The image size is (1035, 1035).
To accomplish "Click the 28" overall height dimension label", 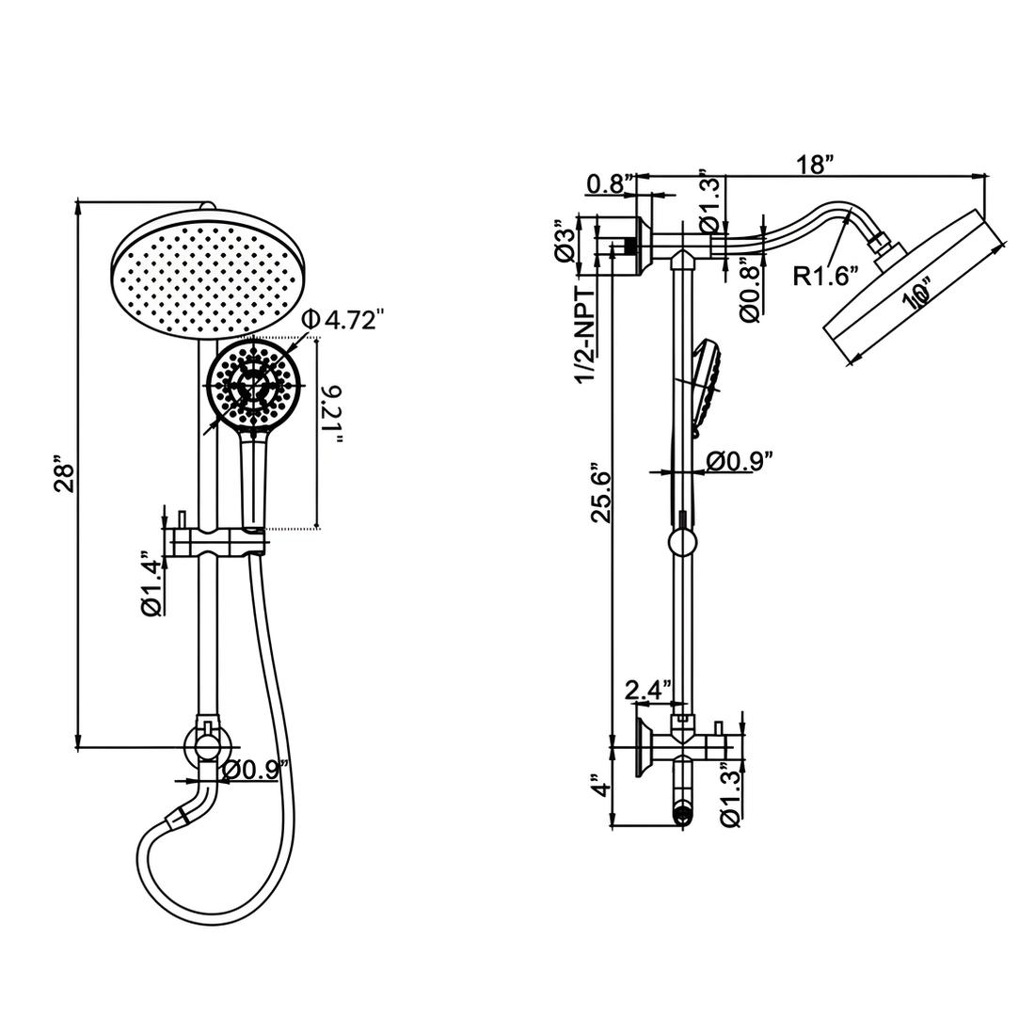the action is [x=65, y=474].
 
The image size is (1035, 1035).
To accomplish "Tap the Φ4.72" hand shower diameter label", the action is [x=342, y=320].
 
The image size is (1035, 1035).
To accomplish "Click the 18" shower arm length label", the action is [x=815, y=164].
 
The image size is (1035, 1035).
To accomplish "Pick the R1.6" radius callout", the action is [x=826, y=276].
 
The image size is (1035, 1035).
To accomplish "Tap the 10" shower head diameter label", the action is [x=916, y=295].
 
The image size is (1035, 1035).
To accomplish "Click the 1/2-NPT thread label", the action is [x=585, y=334].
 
